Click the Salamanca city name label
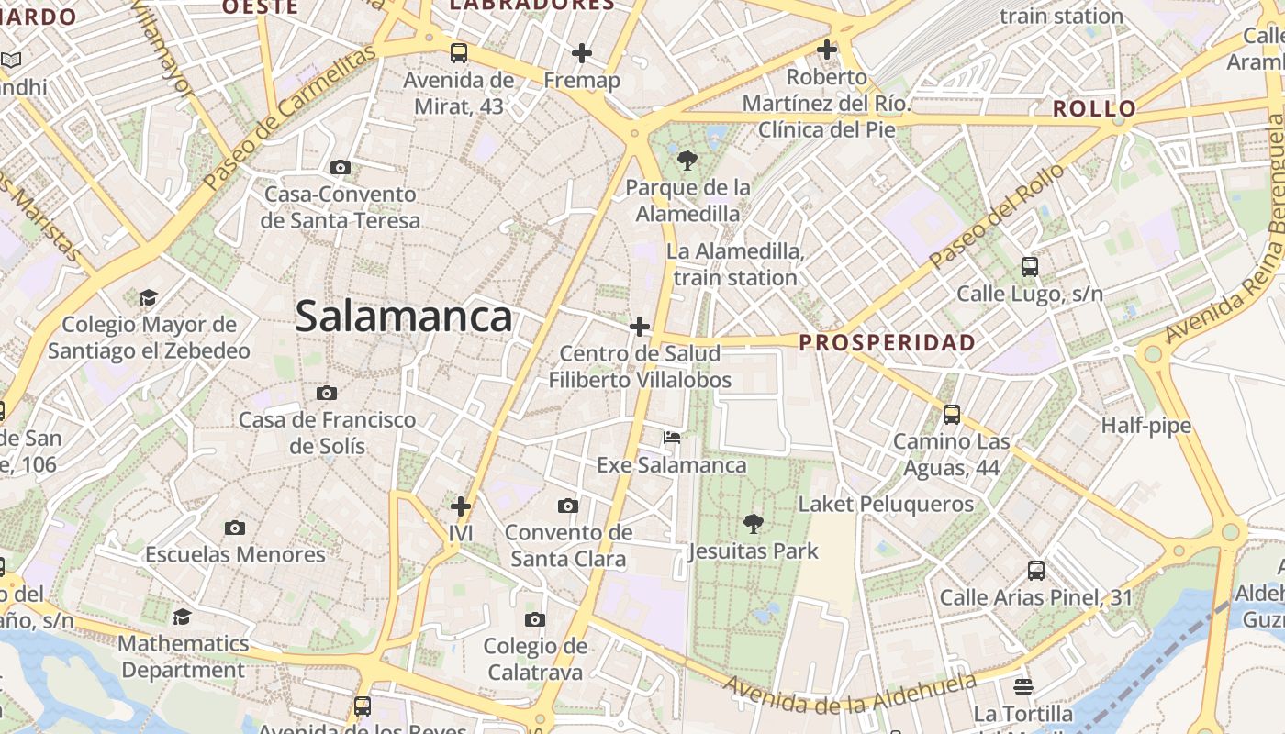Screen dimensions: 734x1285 pyautogui.click(x=403, y=317)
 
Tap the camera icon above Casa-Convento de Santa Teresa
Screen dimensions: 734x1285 pyautogui.click(x=341, y=167)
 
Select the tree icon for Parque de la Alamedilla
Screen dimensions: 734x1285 pyautogui.click(x=687, y=161)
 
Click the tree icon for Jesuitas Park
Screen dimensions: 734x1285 pyautogui.click(x=753, y=524)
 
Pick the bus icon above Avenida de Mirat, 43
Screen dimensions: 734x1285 pyautogui.click(x=459, y=53)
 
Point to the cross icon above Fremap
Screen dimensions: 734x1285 pyautogui.click(x=581, y=53)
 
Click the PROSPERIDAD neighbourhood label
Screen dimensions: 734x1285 pyautogui.click(x=887, y=342)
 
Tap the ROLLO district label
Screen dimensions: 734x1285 pyautogui.click(x=1094, y=108)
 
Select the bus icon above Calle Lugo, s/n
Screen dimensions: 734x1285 pyautogui.click(x=1030, y=267)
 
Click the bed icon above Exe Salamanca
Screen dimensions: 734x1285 pyautogui.click(x=672, y=438)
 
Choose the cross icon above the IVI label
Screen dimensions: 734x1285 pyautogui.click(x=461, y=506)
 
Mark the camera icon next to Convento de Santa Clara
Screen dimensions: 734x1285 pyautogui.click(x=568, y=506)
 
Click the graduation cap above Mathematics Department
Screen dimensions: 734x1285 pyautogui.click(x=183, y=617)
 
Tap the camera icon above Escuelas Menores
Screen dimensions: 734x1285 pyautogui.click(x=235, y=528)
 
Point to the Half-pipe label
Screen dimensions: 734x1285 pyautogui.click(x=1145, y=425)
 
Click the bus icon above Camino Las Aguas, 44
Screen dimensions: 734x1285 pyautogui.click(x=952, y=415)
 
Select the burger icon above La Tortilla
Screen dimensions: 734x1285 pyautogui.click(x=1023, y=686)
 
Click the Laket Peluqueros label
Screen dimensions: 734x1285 pyautogui.click(x=886, y=504)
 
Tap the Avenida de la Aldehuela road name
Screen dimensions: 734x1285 pyautogui.click(x=849, y=695)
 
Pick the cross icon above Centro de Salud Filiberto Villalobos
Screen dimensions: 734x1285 pyautogui.click(x=640, y=326)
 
